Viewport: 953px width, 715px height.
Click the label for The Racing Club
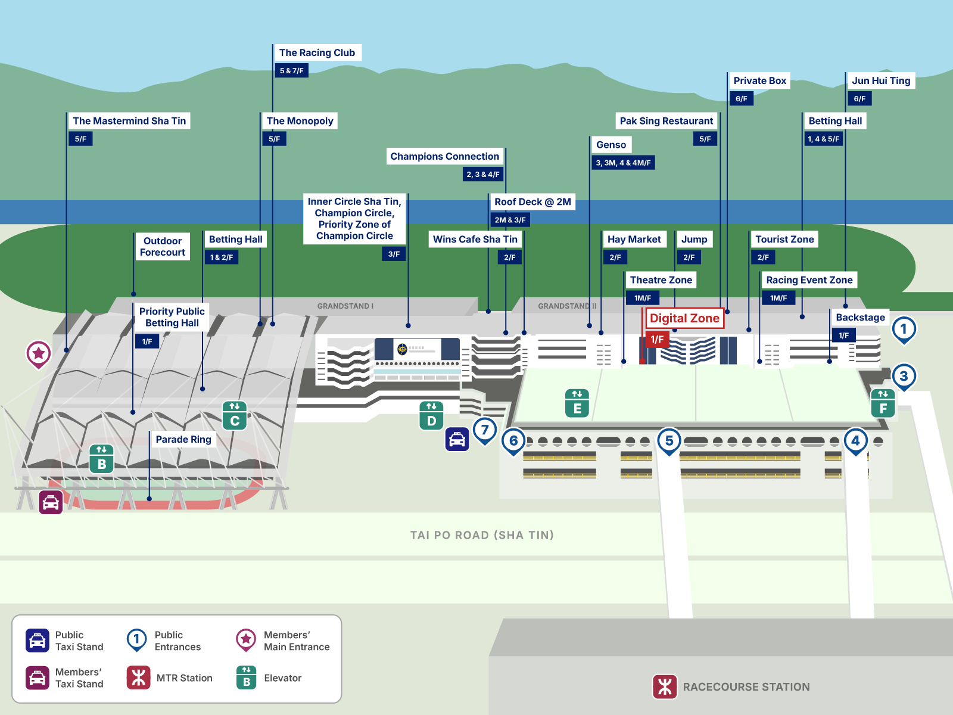317,52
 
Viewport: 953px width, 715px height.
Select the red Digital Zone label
684,318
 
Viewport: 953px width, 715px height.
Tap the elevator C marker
235,415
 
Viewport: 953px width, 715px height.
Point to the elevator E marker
577,403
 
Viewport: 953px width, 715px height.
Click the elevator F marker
883,403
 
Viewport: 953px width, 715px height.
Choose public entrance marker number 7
485,430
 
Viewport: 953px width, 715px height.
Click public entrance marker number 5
669,441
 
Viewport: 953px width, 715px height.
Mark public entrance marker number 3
904,376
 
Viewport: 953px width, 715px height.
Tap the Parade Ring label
183,439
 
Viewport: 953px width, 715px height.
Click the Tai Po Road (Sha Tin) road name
482,535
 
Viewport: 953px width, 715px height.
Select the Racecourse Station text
746,686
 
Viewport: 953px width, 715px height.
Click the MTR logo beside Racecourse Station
665,686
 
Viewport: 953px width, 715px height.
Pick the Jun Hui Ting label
881,80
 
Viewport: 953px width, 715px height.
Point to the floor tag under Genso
623,163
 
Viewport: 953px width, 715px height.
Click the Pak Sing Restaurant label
666,121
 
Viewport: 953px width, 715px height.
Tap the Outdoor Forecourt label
163,247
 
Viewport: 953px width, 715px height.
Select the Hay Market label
634,240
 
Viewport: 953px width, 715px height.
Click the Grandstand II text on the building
566,306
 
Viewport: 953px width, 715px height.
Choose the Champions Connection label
444,156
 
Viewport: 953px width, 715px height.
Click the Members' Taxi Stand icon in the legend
38,678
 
